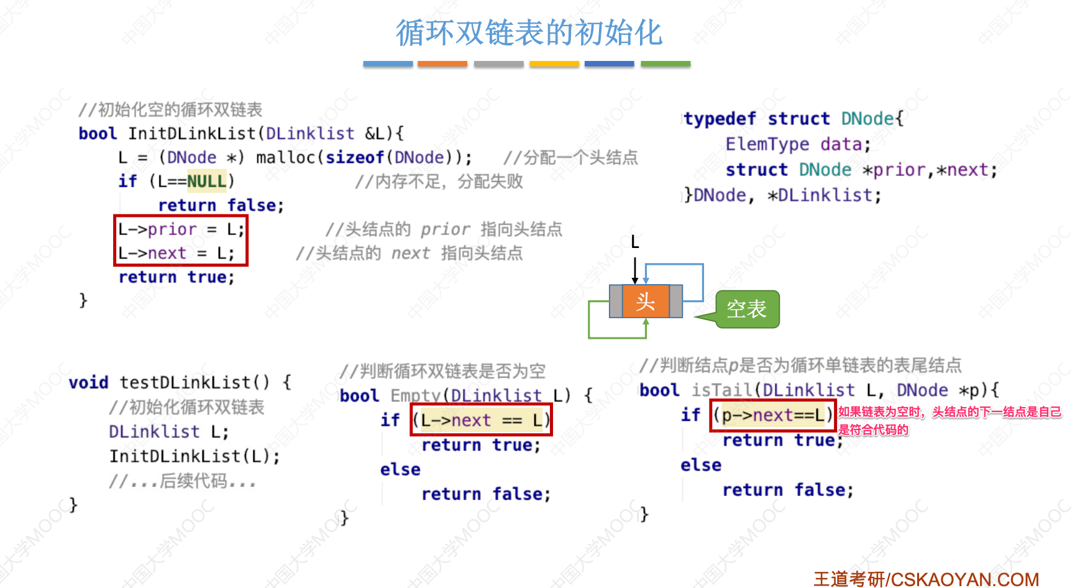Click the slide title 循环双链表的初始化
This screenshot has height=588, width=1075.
tap(529, 33)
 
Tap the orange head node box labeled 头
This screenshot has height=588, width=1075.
tap(646, 302)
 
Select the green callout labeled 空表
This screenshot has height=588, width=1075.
tap(747, 309)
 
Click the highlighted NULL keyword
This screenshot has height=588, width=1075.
tap(207, 181)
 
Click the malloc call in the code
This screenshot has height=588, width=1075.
tap(285, 158)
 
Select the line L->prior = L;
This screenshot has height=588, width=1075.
tap(181, 229)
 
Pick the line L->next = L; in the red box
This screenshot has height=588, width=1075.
tap(176, 254)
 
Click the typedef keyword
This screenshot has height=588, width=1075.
tap(720, 119)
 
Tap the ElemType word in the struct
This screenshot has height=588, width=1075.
tap(767, 144)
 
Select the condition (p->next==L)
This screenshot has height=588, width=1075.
tap(772, 415)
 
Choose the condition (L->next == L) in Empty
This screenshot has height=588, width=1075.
tap(481, 421)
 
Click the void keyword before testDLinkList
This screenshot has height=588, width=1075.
tap(88, 382)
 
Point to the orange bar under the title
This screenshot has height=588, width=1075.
tap(442, 64)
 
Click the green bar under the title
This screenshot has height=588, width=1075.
tap(665, 64)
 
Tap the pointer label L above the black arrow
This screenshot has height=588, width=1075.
tap(634, 242)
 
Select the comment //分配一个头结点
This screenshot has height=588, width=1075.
tap(570, 158)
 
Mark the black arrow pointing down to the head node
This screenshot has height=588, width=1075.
tap(634, 270)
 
